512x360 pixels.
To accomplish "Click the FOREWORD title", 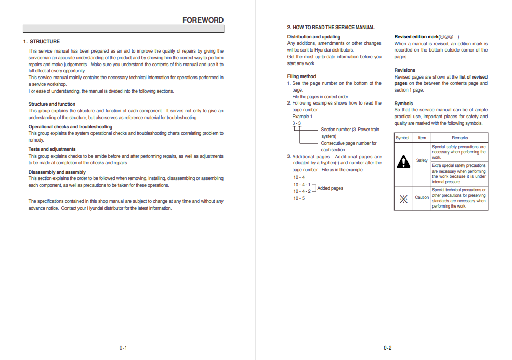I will tap(203, 20).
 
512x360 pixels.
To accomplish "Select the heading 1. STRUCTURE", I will tap(42, 42).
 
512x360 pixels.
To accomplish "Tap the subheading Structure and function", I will tap(51, 104).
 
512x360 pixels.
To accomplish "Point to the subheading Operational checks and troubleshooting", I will tap(70, 127).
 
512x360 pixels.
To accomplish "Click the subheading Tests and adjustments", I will tap(52, 149).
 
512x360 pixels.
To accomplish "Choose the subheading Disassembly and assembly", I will tap(57, 172).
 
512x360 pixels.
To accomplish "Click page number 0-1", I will tap(123, 348).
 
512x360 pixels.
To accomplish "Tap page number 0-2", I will tap(388, 348).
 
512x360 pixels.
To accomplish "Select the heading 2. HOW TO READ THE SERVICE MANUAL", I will tap(331, 28).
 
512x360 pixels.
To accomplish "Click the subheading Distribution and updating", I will tap(314, 37).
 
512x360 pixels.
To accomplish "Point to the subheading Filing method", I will tap(301, 76).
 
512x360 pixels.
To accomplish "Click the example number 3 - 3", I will tap(296, 123).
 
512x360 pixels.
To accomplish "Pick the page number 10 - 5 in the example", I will tap(299, 198).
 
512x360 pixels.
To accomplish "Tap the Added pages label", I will tap(330, 188).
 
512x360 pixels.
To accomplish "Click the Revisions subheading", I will tap(404, 70).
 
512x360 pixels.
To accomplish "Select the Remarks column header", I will tap(460, 138).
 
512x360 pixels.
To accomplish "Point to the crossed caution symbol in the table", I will tap(403, 198).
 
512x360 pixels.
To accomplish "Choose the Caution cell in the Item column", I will tap(422, 198).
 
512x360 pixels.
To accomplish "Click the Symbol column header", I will tap(402, 138).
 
